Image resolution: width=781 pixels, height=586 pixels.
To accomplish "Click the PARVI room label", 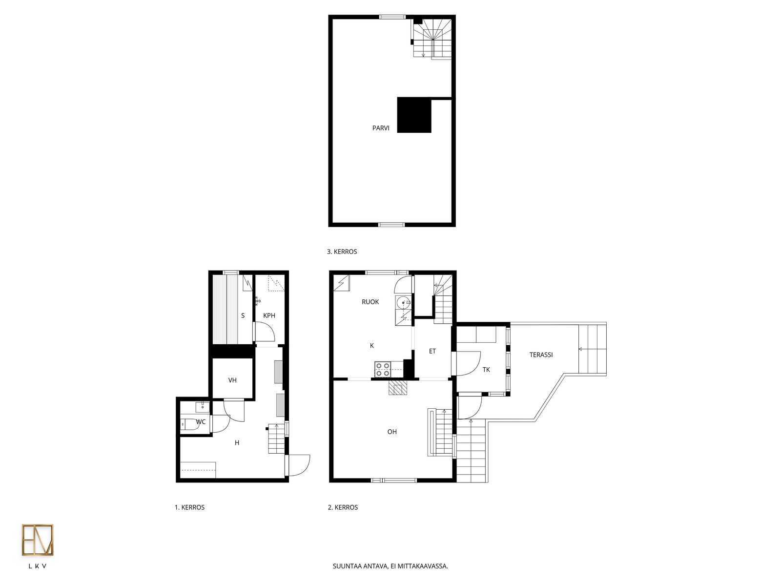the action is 380,128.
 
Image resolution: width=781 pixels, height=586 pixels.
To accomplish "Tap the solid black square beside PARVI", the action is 414,115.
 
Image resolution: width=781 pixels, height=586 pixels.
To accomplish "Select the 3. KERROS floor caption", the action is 342,251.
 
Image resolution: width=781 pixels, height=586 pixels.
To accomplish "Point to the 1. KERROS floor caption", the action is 189,507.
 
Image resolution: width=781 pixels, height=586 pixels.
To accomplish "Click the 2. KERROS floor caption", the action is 343,507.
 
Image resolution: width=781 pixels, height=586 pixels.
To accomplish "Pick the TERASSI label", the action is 541,355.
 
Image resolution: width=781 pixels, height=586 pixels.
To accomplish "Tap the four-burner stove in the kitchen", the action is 383,369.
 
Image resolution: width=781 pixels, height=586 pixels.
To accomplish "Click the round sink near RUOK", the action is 404,303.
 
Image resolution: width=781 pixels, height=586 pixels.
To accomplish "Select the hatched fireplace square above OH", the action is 398,387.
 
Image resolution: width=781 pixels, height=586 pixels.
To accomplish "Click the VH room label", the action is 232,380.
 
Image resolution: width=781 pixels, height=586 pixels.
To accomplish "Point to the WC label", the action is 201,421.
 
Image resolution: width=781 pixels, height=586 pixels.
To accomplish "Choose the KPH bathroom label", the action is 269,315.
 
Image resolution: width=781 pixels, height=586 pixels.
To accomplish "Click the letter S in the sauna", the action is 243,315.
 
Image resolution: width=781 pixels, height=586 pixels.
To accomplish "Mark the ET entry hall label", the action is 432,351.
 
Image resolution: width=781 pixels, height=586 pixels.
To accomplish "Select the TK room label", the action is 486,370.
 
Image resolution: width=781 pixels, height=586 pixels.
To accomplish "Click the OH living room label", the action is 392,432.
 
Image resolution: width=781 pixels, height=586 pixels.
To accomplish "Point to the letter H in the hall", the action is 237,442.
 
